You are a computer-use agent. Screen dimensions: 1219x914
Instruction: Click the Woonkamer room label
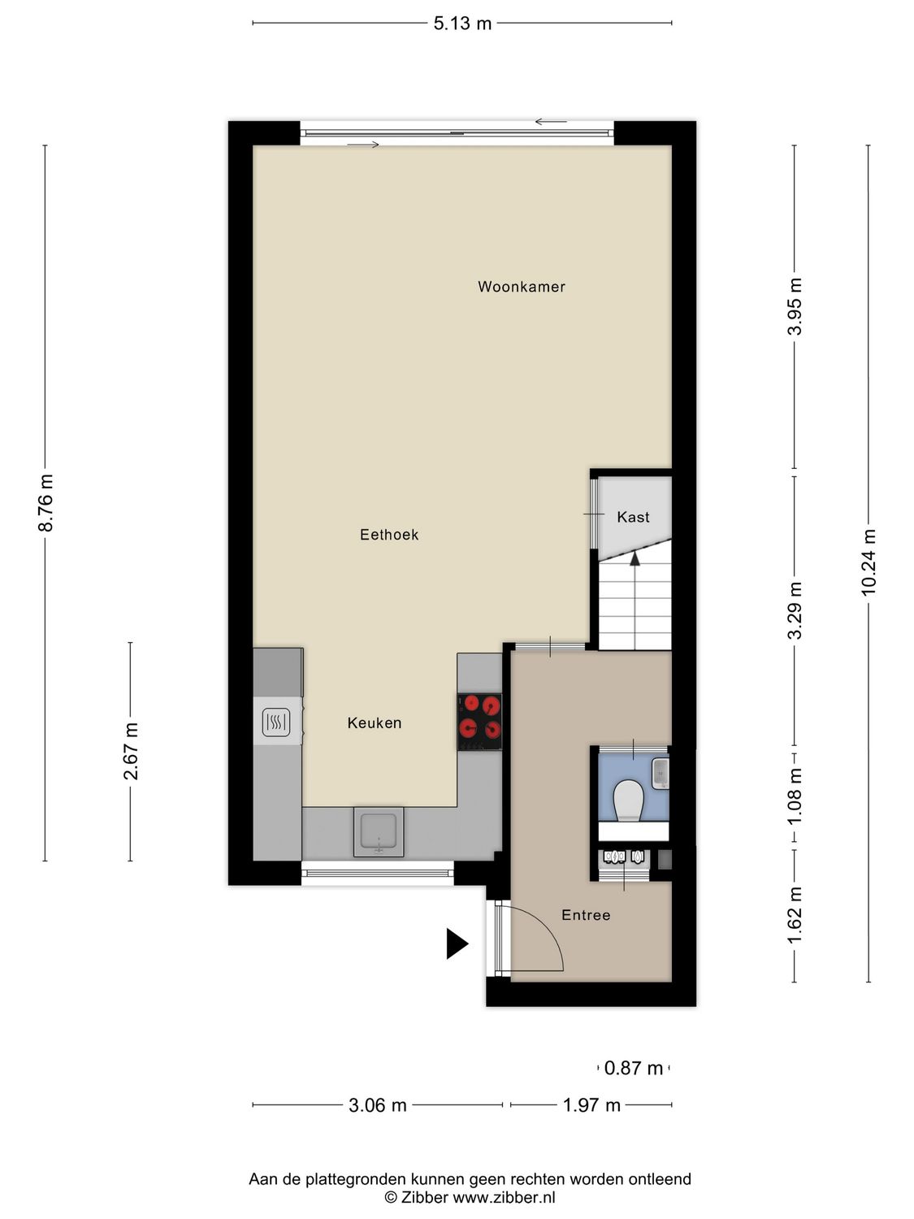(521, 287)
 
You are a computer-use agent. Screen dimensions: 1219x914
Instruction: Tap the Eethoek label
(389, 535)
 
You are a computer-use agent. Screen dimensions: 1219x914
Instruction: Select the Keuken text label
(375, 723)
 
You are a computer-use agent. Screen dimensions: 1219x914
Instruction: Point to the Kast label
(633, 518)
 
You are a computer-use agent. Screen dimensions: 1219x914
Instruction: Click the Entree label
(586, 915)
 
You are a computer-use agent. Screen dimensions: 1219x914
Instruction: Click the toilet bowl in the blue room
(628, 800)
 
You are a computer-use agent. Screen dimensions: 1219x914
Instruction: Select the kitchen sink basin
(379, 831)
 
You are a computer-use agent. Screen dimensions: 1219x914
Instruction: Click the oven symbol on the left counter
(276, 722)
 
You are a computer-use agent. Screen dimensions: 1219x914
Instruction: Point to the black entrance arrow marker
(457, 944)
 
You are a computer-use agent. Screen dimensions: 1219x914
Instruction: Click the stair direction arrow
(635, 557)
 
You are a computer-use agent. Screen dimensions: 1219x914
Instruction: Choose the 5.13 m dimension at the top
(462, 24)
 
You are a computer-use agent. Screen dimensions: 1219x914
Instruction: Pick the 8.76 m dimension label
(46, 503)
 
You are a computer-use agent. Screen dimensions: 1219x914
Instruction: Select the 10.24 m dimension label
(869, 562)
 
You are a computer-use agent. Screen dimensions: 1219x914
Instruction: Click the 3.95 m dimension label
(795, 306)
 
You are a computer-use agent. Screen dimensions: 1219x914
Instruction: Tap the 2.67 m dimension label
(131, 751)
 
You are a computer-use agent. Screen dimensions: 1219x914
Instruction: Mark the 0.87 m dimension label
(634, 1068)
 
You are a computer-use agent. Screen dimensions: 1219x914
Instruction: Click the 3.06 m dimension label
(378, 1105)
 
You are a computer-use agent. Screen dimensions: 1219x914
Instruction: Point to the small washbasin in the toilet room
(660, 772)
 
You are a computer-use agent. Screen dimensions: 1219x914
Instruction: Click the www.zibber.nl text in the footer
(504, 1197)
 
